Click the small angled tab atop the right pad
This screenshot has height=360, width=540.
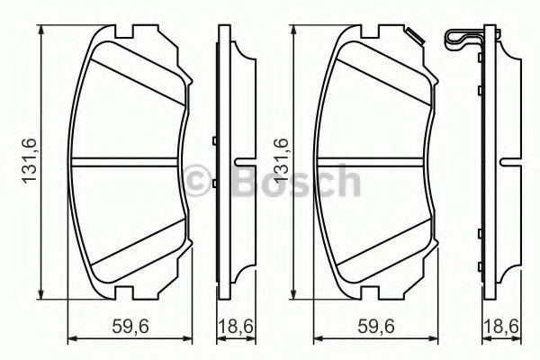pyautogui.click(x=415, y=37)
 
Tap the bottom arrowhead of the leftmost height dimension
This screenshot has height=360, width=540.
pyautogui.click(x=42, y=294)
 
